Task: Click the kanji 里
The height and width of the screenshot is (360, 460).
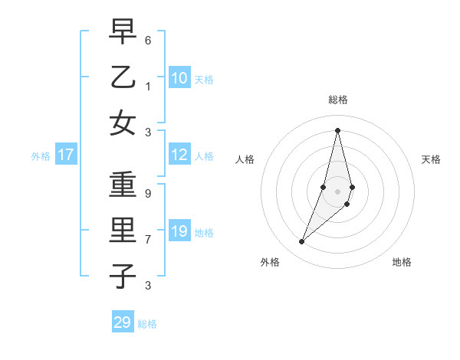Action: (x=123, y=231)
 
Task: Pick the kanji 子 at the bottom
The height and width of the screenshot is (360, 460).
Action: (x=123, y=277)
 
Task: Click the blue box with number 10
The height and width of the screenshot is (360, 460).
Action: (x=179, y=77)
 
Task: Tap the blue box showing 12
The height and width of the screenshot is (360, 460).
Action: (x=179, y=155)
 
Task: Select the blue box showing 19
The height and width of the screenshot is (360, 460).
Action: (x=179, y=231)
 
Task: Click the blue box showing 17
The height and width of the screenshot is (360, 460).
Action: (x=66, y=155)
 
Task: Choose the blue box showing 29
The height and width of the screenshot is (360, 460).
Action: (x=123, y=322)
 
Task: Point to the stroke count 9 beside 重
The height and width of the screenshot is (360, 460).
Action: (x=148, y=193)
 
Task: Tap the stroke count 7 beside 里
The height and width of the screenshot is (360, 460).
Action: (x=148, y=240)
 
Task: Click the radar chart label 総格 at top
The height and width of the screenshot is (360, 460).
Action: (x=337, y=100)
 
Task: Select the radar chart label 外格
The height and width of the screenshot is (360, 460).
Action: (x=269, y=262)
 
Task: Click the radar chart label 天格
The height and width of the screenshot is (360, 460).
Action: (x=431, y=159)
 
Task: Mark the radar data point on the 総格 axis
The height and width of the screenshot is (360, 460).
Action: (x=337, y=130)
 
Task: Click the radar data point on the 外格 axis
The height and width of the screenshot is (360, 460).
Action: (x=302, y=242)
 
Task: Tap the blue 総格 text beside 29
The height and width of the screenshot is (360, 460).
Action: (x=147, y=323)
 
